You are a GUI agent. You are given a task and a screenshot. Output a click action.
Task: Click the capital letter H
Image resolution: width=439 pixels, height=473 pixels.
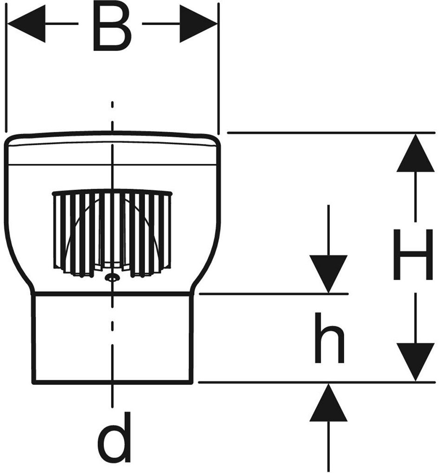click(x=415, y=254)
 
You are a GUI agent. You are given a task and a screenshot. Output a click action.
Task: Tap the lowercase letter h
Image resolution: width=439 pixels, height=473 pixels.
click(x=329, y=337)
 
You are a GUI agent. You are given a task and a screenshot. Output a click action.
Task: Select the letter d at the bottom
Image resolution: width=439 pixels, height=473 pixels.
click(x=114, y=437)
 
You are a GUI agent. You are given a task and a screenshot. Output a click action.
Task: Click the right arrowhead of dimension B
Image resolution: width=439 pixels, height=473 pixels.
click(x=198, y=23)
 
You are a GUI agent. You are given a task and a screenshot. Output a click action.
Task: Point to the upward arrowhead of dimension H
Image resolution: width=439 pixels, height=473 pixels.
click(x=415, y=153)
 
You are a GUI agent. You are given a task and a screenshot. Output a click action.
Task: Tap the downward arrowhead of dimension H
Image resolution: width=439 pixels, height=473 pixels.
click(x=415, y=362)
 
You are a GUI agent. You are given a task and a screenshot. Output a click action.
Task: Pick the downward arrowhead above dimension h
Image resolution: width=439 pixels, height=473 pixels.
click(x=328, y=273)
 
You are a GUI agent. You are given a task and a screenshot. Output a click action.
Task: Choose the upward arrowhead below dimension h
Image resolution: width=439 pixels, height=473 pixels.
click(x=328, y=402)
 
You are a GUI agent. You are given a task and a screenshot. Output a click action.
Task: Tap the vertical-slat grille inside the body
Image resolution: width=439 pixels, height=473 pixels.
click(x=112, y=234)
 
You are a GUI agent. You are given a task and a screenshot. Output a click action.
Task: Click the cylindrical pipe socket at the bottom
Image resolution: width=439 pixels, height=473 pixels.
click(x=112, y=338)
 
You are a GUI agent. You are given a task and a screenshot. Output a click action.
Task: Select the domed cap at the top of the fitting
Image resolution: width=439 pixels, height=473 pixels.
click(x=112, y=148)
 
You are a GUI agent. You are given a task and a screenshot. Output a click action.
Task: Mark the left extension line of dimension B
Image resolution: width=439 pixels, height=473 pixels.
click(x=6, y=68)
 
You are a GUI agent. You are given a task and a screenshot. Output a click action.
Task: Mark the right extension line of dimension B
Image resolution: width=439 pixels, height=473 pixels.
click(x=218, y=68)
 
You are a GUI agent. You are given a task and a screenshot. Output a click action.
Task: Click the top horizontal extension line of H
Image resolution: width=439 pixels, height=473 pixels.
click(x=331, y=132)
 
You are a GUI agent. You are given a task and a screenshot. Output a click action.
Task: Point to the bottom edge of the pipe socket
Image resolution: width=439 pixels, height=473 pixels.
click(x=112, y=382)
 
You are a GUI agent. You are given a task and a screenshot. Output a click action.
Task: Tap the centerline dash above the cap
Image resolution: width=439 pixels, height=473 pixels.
click(x=112, y=105)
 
